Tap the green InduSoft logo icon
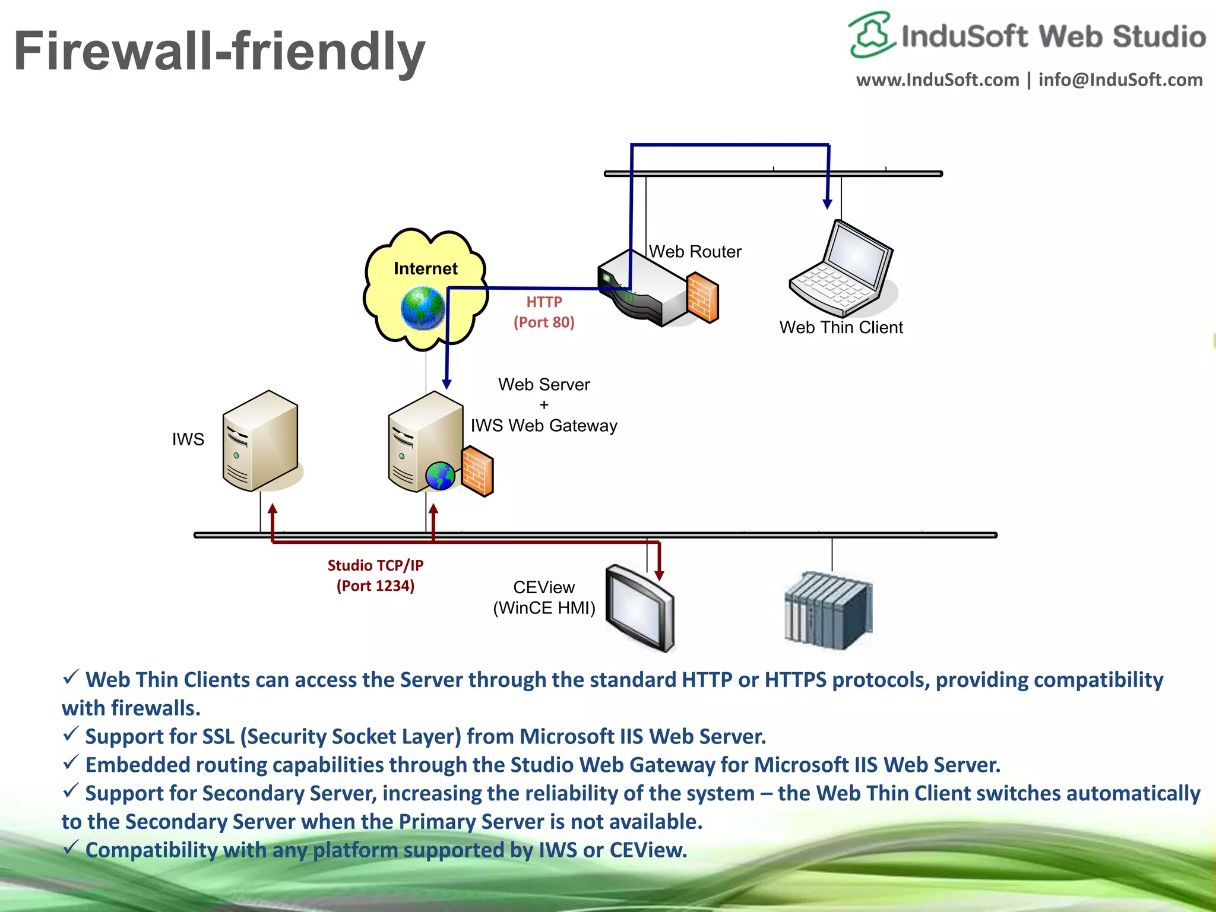870,34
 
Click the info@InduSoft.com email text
1120,80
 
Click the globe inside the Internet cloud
422,308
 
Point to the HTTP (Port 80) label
544,312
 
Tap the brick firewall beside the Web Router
703,297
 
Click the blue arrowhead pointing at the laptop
827,204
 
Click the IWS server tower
259,441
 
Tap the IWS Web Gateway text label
544,426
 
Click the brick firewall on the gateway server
477,471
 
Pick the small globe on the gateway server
440,476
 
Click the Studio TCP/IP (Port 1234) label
375,575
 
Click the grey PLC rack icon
828,611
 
